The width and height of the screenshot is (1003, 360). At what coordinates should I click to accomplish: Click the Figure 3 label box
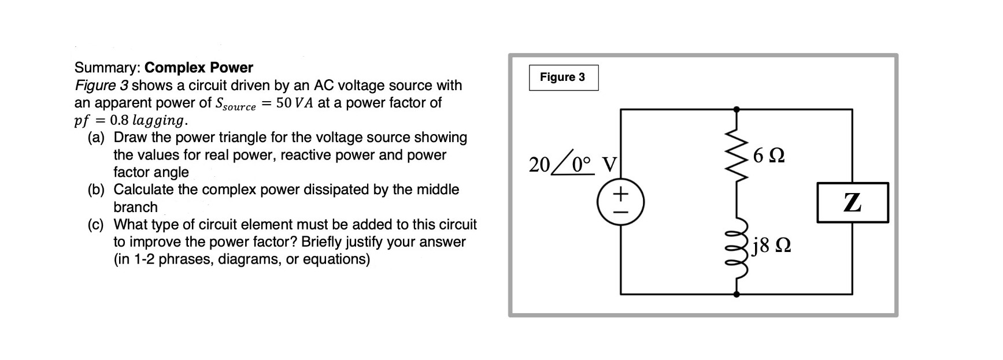[563, 77]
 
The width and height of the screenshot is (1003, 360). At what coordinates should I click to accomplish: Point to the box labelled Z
[852, 203]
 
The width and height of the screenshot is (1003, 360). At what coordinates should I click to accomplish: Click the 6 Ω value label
[769, 156]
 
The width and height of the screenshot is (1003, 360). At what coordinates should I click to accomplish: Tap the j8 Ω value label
[772, 246]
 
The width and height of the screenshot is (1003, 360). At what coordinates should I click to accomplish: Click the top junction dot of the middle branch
[736, 109]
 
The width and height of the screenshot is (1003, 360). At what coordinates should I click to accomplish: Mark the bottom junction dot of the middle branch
[736, 294]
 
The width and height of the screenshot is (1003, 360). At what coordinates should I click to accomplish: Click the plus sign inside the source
[621, 194]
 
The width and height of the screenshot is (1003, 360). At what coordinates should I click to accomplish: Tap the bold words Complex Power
[199, 68]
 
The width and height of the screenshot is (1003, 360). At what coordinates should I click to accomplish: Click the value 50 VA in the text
[295, 103]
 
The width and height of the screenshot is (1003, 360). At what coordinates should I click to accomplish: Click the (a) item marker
[97, 138]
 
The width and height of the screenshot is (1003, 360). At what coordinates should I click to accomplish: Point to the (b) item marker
[97, 190]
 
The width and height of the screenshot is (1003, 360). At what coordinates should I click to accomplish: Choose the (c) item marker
[97, 224]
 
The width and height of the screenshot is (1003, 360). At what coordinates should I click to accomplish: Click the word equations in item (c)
[338, 259]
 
